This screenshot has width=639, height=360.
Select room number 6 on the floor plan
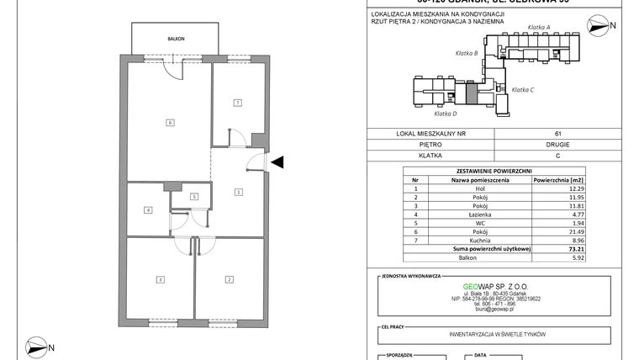pyautogui.click(x=170, y=123)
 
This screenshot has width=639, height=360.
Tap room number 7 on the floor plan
pyautogui.click(x=238, y=103)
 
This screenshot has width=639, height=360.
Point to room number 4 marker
pyautogui.click(x=148, y=209)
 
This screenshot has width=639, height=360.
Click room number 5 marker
pyautogui.click(x=193, y=196)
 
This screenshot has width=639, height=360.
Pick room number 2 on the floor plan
pyautogui.click(x=227, y=278)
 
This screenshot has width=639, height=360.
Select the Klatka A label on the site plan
pyautogui.click(x=538, y=28)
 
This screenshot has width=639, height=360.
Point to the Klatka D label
pyautogui.click(x=445, y=113)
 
